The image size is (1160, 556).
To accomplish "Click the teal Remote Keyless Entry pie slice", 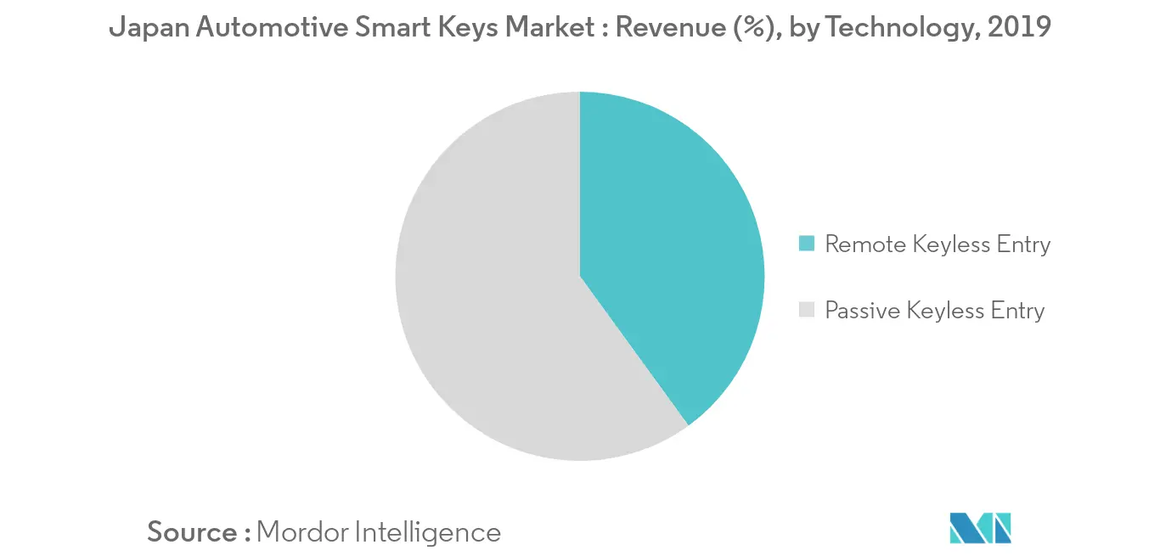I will [671, 255].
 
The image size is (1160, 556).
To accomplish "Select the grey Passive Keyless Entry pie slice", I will [484, 297].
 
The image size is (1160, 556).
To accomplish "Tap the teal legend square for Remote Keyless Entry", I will [808, 245].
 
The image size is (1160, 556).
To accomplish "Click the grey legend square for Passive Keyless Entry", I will [808, 311].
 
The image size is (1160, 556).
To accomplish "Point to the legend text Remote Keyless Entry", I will [938, 245].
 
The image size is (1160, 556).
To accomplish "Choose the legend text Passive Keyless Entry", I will [934, 311].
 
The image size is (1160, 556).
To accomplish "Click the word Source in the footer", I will [193, 532].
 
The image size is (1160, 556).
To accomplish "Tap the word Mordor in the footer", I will [301, 532].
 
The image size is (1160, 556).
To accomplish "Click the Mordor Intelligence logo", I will [980, 528].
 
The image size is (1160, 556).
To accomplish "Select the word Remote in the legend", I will [865, 245].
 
